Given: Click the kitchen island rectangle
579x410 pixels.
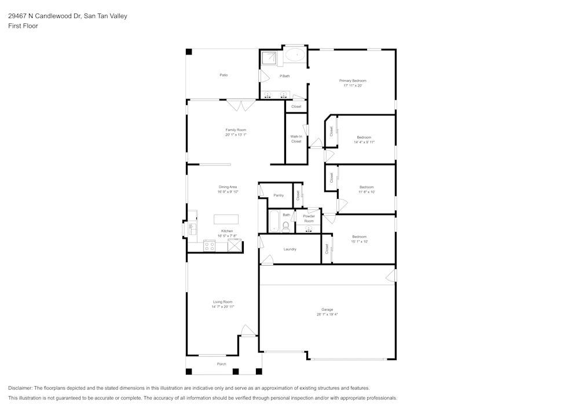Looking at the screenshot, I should [x=227, y=219].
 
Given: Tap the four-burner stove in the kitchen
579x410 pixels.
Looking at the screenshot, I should [x=210, y=246].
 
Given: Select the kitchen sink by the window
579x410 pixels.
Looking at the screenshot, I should [x=193, y=228].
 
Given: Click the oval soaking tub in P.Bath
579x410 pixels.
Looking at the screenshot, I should [x=295, y=56].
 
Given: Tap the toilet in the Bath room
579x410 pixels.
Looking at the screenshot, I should [x=285, y=226].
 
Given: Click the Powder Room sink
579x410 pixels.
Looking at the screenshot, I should [x=309, y=228].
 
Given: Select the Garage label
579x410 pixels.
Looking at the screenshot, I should [x=327, y=309].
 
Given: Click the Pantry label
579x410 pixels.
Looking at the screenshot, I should [x=278, y=195].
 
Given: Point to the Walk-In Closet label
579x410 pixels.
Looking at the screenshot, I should [x=296, y=139].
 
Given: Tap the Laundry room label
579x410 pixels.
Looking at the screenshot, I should [x=290, y=249].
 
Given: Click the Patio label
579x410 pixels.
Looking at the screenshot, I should [x=223, y=75].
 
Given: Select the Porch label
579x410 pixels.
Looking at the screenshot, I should [x=221, y=364].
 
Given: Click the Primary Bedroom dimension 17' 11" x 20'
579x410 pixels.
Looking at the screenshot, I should [x=353, y=85].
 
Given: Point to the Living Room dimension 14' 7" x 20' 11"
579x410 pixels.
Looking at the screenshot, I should [x=223, y=306].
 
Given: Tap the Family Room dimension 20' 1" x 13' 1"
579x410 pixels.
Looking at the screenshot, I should [x=236, y=135].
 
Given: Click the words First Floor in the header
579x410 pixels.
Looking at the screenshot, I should [x=23, y=26].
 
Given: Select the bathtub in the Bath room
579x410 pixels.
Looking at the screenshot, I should [x=274, y=222].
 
